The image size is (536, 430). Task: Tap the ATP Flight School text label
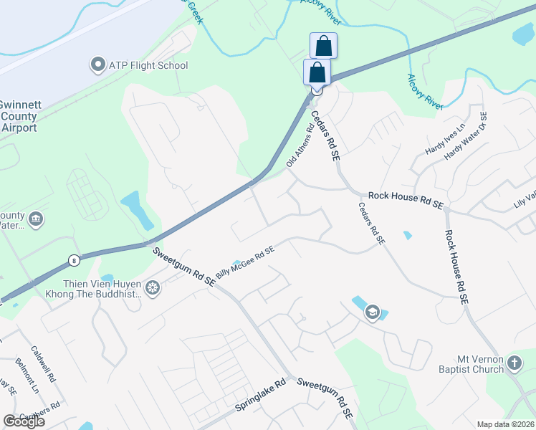point(148,66)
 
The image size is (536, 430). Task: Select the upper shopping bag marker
point(323,46)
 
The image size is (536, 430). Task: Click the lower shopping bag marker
point(317,72)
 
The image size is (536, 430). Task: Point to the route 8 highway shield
point(74,259)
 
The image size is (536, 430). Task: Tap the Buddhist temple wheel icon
point(152,288)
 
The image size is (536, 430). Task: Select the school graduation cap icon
point(372,312)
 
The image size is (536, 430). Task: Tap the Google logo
point(24,421)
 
